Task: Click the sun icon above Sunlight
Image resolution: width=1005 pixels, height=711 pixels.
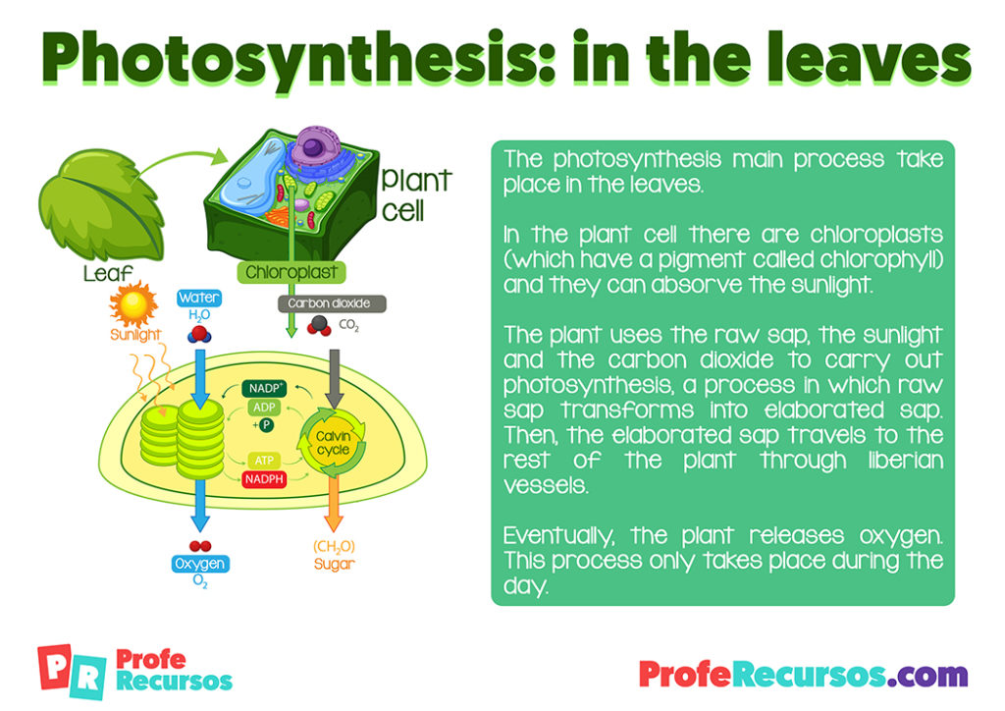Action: pos(132,303)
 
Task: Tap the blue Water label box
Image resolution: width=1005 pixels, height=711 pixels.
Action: pos(199,297)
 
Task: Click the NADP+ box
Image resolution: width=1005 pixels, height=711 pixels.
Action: pos(265,388)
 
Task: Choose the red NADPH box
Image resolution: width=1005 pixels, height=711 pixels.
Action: pos(265,478)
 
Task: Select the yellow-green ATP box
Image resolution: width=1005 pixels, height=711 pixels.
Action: pos(263,460)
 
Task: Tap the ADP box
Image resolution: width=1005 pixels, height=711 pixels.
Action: pos(263,408)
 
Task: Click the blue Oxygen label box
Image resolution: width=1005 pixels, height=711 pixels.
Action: pos(200,564)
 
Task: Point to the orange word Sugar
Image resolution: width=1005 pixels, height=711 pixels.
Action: pos(335,564)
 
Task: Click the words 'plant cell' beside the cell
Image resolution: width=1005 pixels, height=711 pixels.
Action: pos(415,193)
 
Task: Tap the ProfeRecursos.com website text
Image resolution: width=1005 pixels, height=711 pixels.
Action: pos(802,675)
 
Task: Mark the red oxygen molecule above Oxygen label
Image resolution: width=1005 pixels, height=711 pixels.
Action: pos(200,545)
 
